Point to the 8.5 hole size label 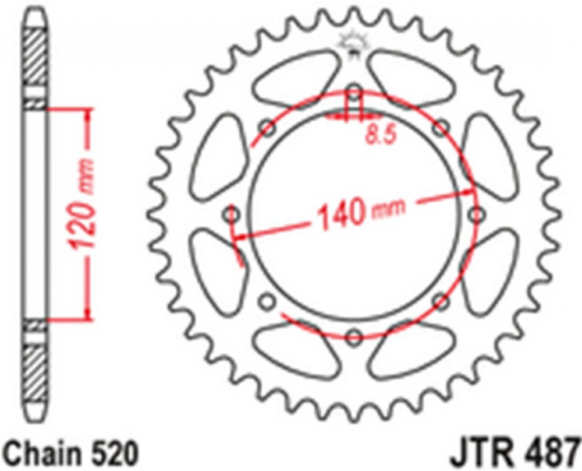381,134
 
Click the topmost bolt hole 354,92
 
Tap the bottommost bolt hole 354,337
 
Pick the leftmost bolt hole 232,215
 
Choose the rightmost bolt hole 477,215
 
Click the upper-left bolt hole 268,128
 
